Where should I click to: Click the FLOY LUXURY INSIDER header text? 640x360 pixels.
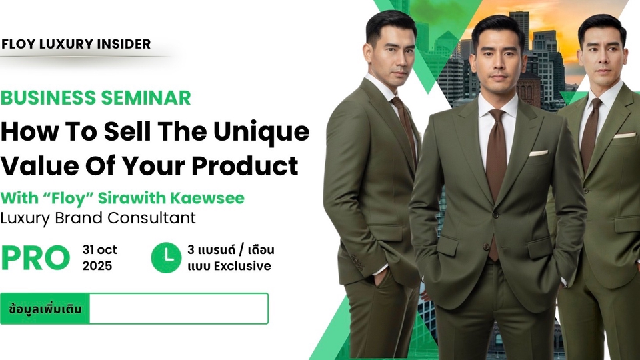tap(76, 44)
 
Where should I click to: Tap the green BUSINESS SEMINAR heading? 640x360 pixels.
tap(95, 98)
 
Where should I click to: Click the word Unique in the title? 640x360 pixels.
tap(261, 133)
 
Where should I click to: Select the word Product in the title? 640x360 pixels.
tap(245, 165)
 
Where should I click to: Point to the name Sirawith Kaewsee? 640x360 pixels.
tap(171, 198)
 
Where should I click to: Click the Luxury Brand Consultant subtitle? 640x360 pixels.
tap(98, 218)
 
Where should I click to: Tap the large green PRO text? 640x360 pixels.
tap(35, 258)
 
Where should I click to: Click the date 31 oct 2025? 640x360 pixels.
tap(99, 257)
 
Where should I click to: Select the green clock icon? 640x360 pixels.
tap(166, 257)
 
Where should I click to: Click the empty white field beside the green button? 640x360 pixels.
tap(179, 309)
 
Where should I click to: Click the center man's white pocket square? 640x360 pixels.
tap(539, 153)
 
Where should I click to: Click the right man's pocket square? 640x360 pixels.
tap(625, 135)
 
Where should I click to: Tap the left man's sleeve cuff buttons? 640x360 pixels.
tap(358, 262)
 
